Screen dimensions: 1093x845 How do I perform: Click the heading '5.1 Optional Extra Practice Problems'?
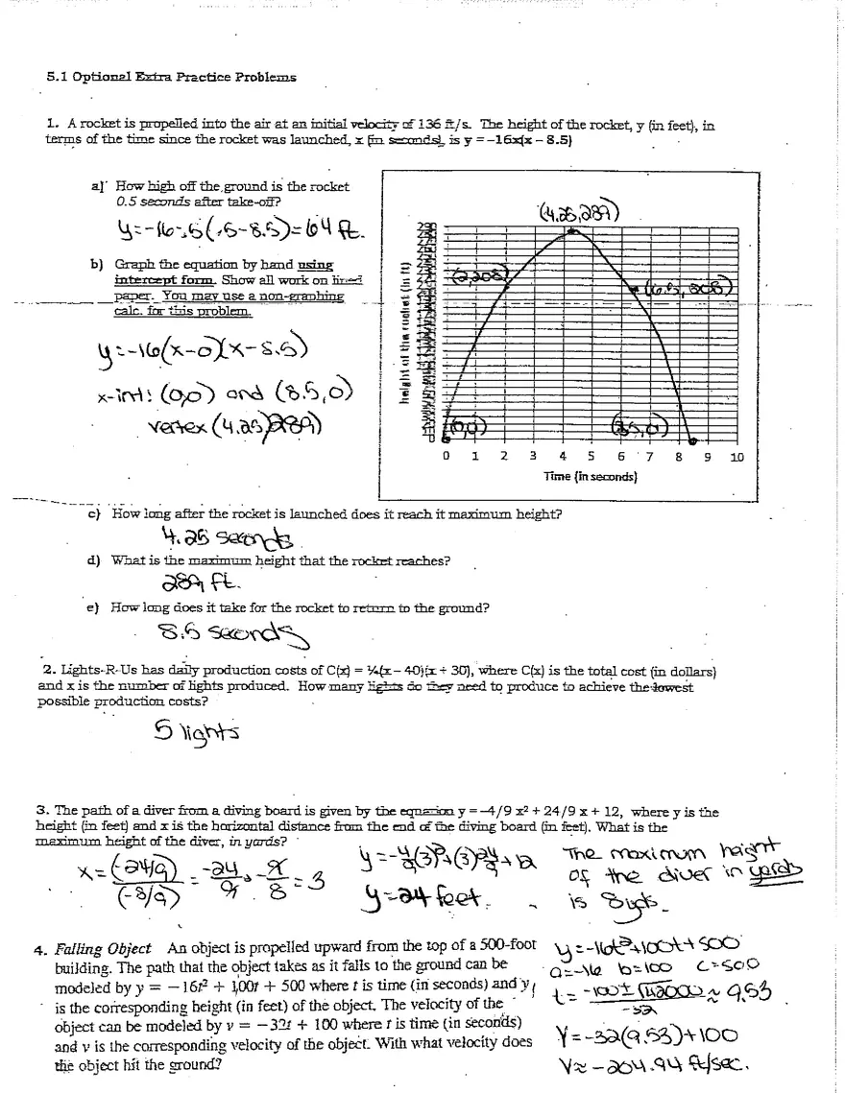172,77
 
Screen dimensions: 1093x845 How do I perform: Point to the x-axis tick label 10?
736,458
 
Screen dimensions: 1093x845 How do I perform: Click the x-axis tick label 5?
591,458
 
